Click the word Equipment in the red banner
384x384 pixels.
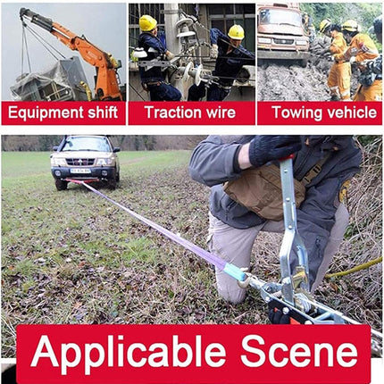point(46,113)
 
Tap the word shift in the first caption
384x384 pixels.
point(103,112)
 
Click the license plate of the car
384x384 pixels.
point(80,171)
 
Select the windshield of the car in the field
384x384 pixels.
point(87,145)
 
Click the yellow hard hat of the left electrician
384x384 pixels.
point(147,23)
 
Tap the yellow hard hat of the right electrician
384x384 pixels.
point(236,32)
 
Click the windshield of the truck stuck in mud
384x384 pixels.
point(280,19)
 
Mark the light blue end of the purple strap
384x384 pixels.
point(235,271)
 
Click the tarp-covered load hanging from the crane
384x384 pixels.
point(49,80)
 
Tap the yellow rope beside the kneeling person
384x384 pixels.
point(355,269)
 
